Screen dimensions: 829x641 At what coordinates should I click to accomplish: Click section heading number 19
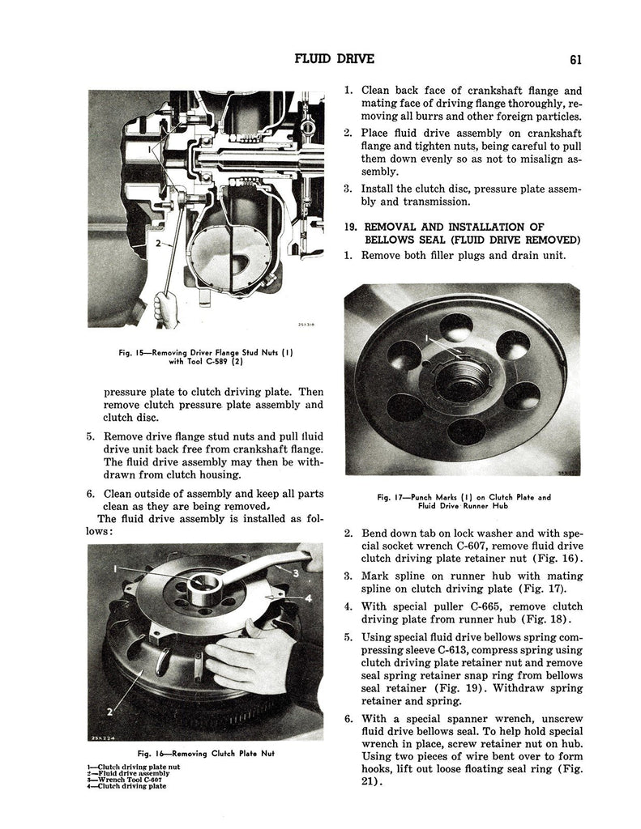pos(351,227)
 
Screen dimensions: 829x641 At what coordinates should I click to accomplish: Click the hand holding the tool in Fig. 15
pos(165,308)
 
